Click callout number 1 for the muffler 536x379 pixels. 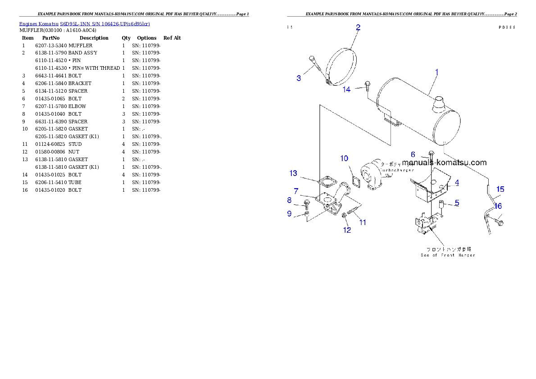coord(436,72)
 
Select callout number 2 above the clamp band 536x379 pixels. coord(358,27)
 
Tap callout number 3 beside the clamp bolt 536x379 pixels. coord(299,78)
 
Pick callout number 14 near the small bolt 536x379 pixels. coord(346,90)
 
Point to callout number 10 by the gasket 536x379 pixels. coord(344,158)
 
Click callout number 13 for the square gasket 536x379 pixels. coord(293,173)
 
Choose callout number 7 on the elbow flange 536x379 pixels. coord(296,191)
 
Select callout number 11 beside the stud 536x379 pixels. coord(362,222)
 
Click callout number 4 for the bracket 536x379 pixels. coord(457,183)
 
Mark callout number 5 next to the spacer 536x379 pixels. coord(457,203)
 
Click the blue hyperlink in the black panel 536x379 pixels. coord(84,23)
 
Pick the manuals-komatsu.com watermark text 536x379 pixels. coord(444,162)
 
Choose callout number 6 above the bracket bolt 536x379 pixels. coord(413,154)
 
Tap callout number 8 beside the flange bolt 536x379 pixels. coord(289,200)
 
